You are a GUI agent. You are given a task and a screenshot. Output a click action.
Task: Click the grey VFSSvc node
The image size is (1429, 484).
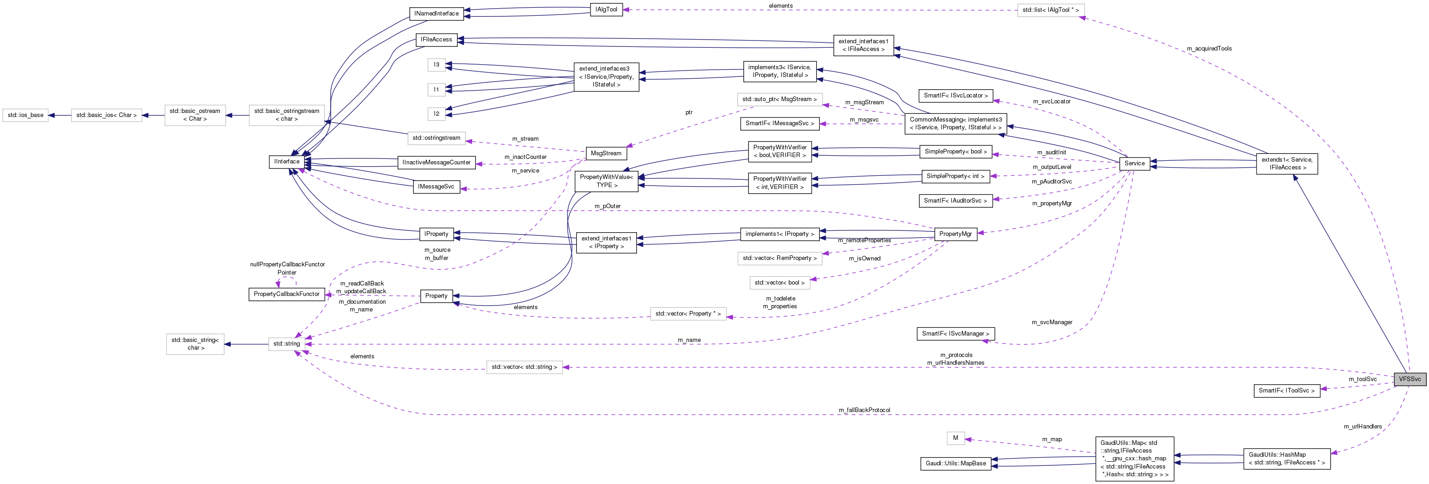1409,379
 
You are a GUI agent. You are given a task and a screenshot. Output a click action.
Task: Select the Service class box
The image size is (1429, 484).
1135,163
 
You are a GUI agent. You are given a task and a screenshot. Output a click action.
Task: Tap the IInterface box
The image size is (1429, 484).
287,162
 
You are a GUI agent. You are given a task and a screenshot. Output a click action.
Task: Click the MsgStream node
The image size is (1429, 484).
606,153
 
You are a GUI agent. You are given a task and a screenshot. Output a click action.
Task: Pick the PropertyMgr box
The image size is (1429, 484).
955,234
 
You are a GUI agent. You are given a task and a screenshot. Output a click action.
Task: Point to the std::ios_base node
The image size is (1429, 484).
25,115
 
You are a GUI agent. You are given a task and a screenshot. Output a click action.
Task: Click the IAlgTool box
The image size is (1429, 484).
606,10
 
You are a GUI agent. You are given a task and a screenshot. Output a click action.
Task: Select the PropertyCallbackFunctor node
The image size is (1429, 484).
286,294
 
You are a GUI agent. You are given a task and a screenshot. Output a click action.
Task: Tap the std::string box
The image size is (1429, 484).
286,344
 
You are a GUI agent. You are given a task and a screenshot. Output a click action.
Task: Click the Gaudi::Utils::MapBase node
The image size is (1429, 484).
956,463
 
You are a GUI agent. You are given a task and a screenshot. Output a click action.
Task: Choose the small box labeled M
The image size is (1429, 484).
955,438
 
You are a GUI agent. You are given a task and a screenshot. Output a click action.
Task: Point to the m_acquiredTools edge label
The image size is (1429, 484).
1209,49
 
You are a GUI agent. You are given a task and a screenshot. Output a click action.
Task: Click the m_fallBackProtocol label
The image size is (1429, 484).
864,410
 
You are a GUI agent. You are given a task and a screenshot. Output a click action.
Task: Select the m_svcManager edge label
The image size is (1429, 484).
1052,322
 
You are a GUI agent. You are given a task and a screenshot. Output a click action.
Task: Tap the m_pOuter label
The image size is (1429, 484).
607,206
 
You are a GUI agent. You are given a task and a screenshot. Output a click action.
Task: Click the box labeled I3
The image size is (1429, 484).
437,65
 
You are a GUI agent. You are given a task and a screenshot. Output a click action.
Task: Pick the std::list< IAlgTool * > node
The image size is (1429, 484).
1050,10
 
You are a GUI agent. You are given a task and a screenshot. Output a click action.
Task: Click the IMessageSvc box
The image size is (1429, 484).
436,187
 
